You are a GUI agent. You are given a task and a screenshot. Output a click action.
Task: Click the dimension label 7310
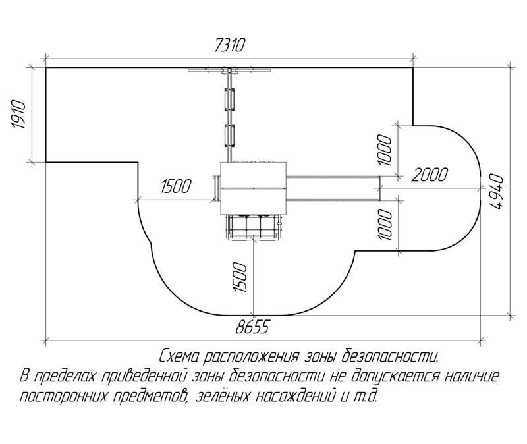click(230, 45)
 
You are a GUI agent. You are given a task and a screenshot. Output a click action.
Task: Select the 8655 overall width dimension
click(253, 327)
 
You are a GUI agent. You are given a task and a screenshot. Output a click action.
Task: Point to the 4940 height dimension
click(497, 192)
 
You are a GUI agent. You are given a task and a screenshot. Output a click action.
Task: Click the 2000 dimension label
click(430, 175)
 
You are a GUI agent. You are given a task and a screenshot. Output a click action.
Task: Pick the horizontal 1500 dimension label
click(176, 186)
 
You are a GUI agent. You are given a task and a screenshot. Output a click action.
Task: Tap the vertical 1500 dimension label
click(240, 277)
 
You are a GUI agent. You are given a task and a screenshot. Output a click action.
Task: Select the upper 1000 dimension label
click(385, 150)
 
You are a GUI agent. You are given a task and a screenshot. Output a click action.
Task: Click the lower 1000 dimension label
click(385, 225)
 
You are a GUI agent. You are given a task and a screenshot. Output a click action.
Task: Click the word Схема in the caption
click(180, 356)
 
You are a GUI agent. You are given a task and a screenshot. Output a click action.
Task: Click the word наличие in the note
click(470, 377)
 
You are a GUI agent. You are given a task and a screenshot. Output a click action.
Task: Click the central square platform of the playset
click(253, 188)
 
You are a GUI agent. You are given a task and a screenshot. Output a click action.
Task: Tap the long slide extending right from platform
click(333, 188)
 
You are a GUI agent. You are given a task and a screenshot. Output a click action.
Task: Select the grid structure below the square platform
click(254, 227)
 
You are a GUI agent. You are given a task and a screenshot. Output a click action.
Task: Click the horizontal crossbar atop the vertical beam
click(229, 70)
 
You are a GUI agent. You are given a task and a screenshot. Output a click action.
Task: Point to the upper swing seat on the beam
click(229, 99)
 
